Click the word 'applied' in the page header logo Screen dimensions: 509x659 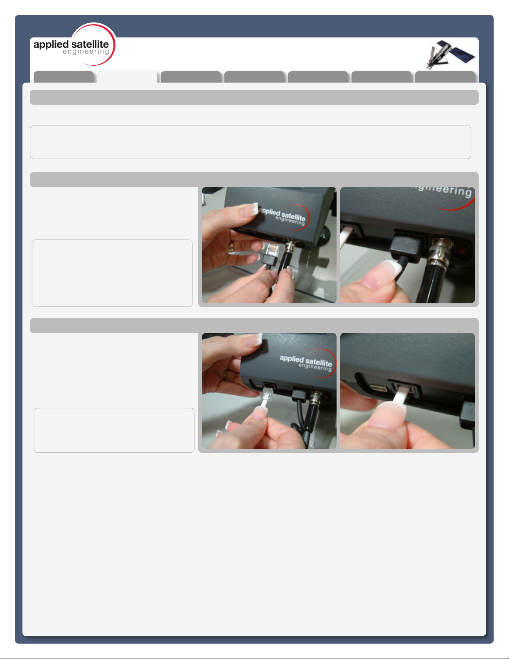[51, 45]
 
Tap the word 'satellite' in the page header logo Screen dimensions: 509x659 [90, 44]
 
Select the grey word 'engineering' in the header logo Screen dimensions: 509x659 [86, 52]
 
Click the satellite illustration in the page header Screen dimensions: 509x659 [450, 54]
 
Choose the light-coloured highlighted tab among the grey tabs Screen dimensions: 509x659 [127, 77]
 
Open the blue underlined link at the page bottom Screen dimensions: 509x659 [82, 655]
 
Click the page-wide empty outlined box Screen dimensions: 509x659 [251, 142]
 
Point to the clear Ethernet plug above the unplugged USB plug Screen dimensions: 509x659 [273, 250]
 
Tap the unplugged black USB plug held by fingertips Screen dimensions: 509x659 [268, 261]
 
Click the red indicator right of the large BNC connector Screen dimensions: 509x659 [462, 251]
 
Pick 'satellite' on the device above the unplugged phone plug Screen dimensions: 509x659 [318, 362]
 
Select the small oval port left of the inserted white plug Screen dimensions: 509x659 [379, 388]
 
